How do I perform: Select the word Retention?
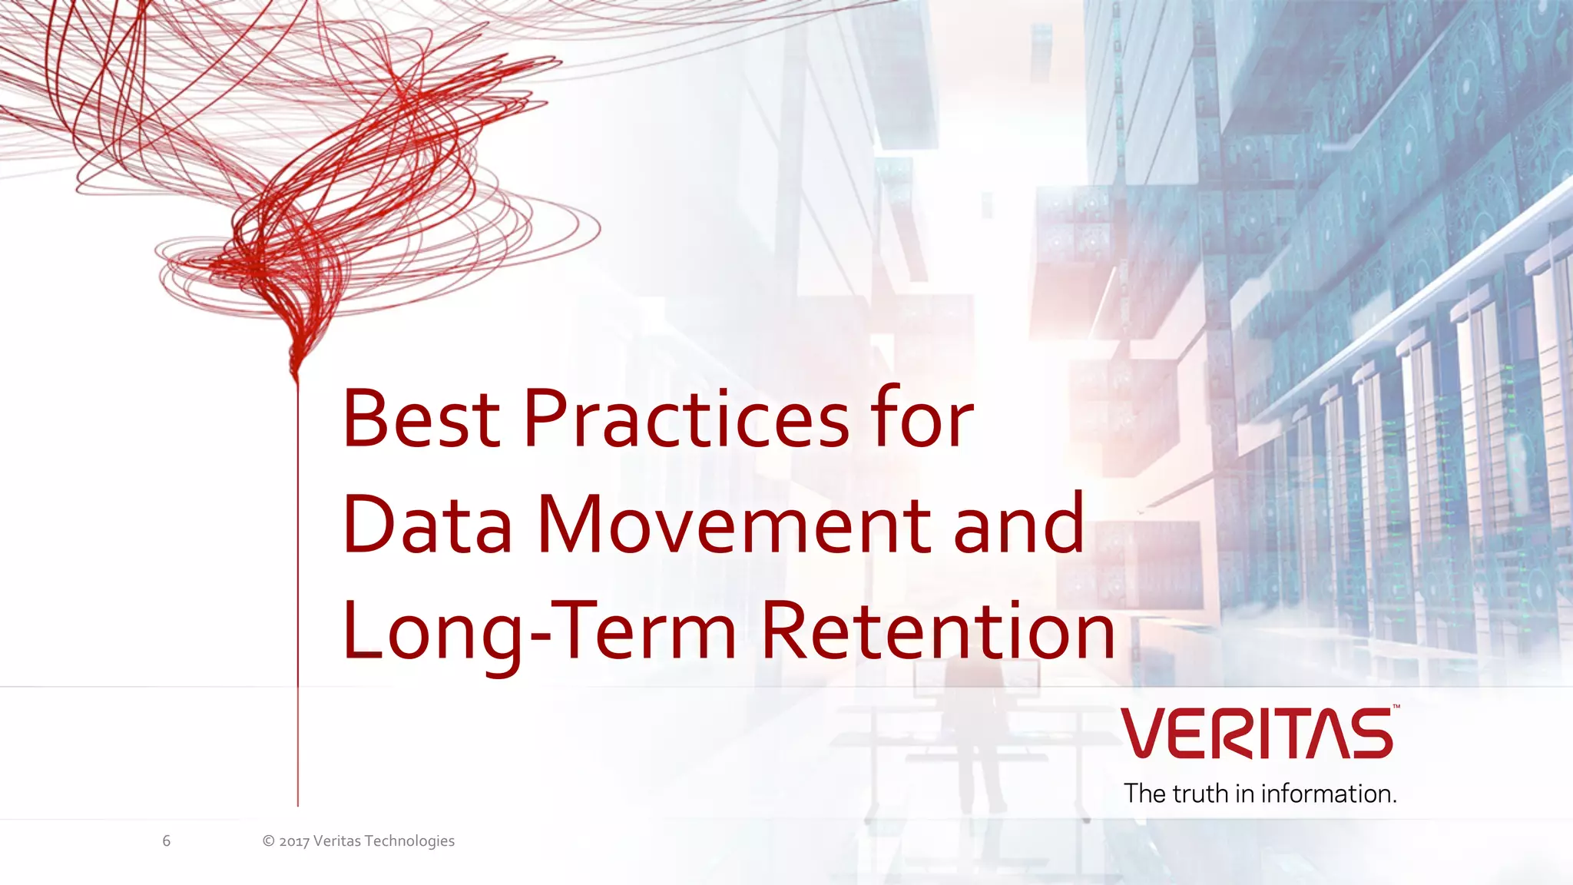(938, 631)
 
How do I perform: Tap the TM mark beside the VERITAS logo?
(1396, 707)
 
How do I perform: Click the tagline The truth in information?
(1260, 794)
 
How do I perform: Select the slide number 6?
(166, 841)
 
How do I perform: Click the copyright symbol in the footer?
(269, 841)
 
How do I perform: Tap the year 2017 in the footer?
(294, 841)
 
